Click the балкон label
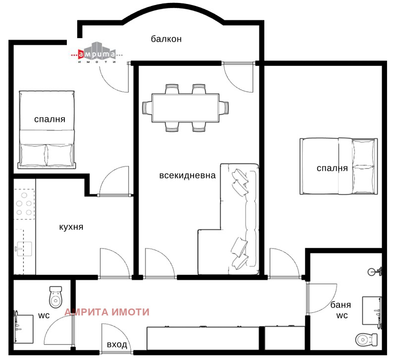[167, 40]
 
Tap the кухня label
[71, 227]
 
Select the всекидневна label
[188, 175]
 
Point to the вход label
[117, 345]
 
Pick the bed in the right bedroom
[337, 167]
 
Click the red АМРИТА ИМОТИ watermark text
[107, 312]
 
